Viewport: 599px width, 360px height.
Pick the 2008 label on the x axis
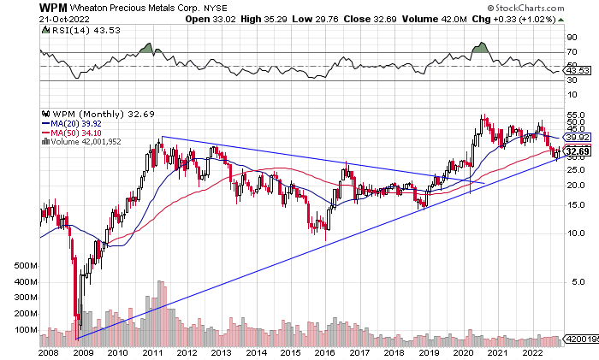point(50,351)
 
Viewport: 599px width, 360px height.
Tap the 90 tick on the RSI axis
point(572,38)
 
